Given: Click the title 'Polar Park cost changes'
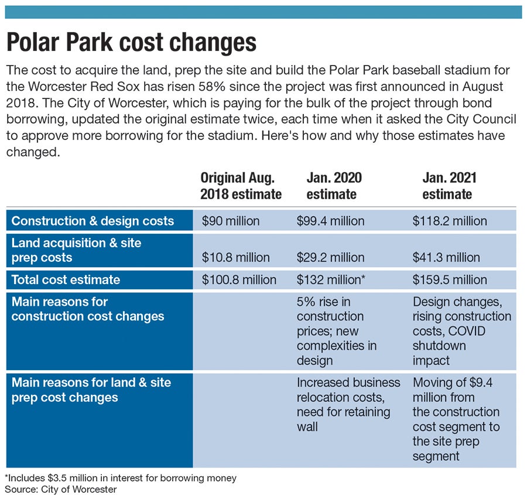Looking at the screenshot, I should (x=131, y=43).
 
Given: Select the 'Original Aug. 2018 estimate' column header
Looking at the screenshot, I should (x=241, y=185).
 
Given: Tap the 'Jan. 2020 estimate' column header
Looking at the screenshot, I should (x=334, y=185).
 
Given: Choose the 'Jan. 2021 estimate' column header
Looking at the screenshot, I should (x=447, y=185).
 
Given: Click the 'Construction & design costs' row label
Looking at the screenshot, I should (x=93, y=221).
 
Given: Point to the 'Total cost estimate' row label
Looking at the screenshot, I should (x=66, y=279).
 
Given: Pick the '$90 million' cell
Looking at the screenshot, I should (x=231, y=221).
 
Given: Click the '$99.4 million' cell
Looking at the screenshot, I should (x=331, y=221).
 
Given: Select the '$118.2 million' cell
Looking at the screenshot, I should (x=450, y=221).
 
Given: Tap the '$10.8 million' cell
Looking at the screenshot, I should (x=236, y=257).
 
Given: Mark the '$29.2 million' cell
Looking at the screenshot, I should (x=331, y=257).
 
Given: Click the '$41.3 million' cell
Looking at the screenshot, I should (x=446, y=257).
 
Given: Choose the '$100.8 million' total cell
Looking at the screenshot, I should (x=239, y=279).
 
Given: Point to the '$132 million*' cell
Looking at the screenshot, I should (x=331, y=279).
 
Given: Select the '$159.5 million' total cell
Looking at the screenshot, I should (x=450, y=279).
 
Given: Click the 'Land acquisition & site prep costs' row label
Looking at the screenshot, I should (x=76, y=250).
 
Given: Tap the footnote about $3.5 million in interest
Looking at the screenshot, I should (x=121, y=478).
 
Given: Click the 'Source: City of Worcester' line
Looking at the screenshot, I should (x=61, y=489).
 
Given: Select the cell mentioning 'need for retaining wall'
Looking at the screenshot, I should (x=348, y=404).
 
